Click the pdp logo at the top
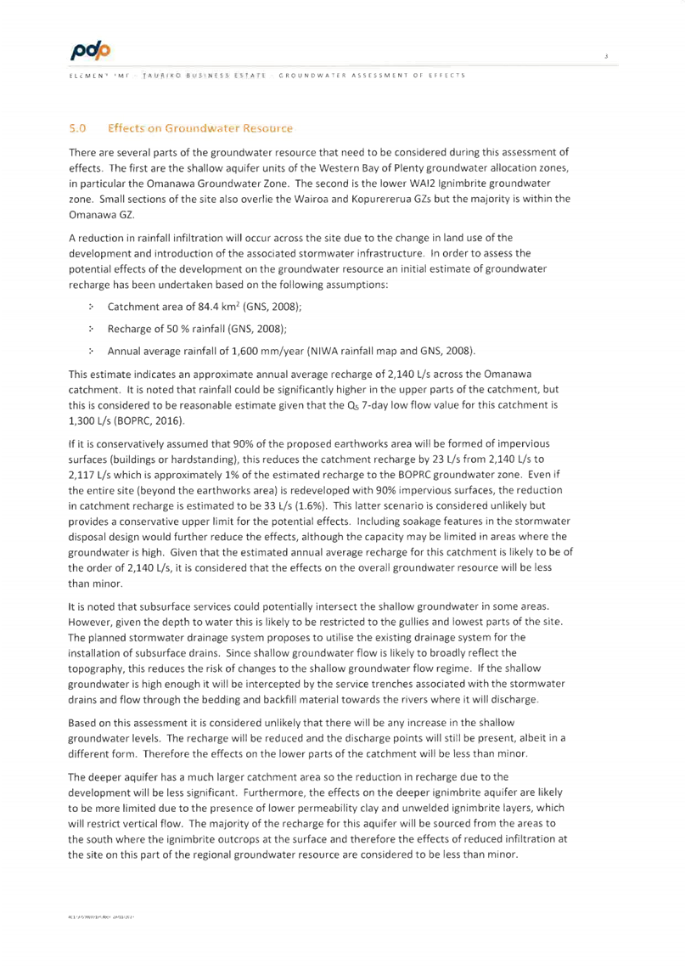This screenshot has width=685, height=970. click(91, 52)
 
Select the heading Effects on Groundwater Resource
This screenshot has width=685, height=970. click(199, 128)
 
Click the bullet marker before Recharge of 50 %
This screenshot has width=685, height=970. click(91, 329)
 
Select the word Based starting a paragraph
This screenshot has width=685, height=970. click(82, 723)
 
